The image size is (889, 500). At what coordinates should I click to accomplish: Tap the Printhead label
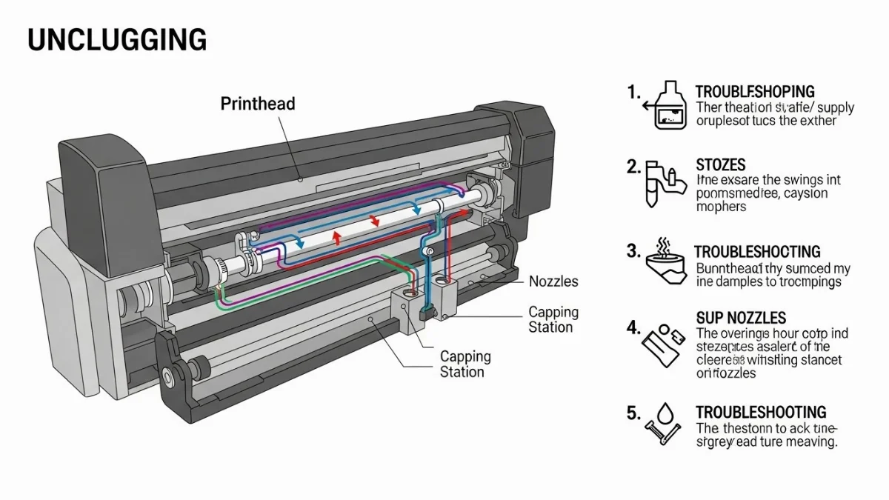point(258,104)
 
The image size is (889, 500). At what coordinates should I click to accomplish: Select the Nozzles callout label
point(553,281)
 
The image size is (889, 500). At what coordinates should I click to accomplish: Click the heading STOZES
point(721,164)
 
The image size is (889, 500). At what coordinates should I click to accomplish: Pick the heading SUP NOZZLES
point(741,318)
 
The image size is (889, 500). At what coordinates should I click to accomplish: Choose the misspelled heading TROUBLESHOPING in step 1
point(755,92)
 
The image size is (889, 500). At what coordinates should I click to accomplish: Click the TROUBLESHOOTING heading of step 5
point(761,412)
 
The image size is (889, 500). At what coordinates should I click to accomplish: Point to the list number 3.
point(633,251)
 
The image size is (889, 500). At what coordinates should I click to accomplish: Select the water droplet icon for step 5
point(664,423)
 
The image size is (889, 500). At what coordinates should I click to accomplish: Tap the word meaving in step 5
point(810,442)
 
